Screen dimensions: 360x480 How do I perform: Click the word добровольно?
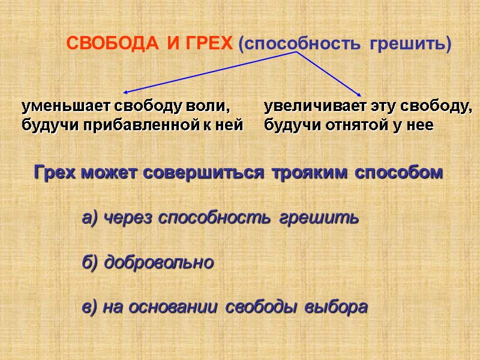click(159, 263)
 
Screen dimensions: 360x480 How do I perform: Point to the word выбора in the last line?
click(335, 307)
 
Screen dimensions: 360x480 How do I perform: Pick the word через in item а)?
click(130, 218)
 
